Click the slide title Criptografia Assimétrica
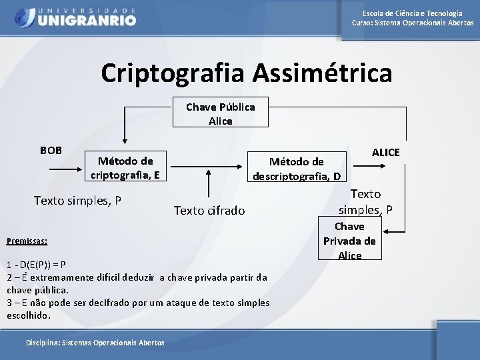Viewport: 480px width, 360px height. tap(247, 73)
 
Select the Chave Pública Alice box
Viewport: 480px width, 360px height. tap(220, 113)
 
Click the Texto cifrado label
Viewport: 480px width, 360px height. tap(209, 211)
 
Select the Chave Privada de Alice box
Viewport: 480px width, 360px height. tap(349, 241)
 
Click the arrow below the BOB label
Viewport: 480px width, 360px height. tap(66, 170)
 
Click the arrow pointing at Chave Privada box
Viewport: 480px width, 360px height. tap(396, 233)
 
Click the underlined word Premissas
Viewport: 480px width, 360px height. tap(26, 241)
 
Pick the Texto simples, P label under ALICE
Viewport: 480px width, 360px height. tap(365, 202)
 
